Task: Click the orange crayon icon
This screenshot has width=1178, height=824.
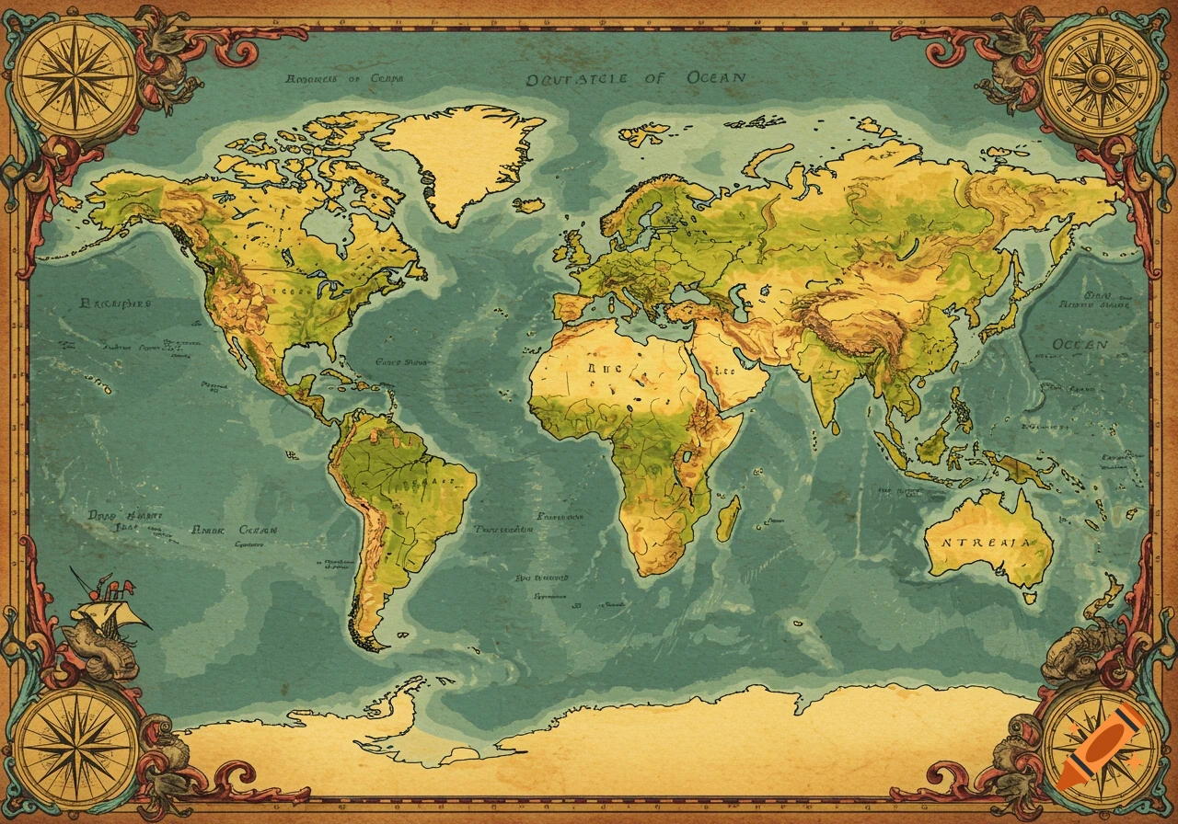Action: click(x=1098, y=748)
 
